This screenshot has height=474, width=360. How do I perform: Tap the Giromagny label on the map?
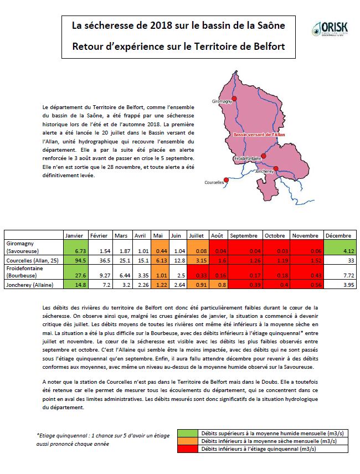pos(222,102)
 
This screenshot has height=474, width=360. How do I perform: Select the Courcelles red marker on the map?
pos(225,180)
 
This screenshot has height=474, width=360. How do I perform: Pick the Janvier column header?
pos(74,235)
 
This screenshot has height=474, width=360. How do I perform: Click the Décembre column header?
pos(338,235)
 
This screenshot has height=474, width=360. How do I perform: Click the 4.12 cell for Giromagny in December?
pos(338,251)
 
